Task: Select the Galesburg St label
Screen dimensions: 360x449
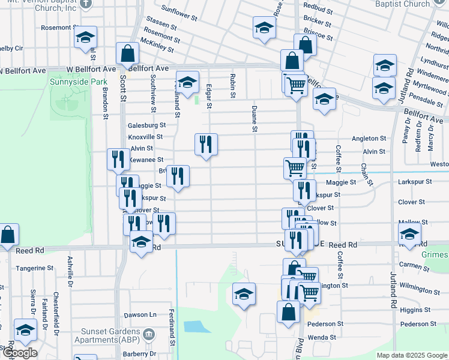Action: tap(146, 125)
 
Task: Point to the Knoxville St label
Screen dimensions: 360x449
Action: tap(146, 137)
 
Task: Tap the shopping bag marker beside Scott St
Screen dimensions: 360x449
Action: tap(128, 54)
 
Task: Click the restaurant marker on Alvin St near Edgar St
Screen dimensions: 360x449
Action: tap(206, 145)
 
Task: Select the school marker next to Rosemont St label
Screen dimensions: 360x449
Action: tap(85, 39)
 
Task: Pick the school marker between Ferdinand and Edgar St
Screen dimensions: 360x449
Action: tap(187, 83)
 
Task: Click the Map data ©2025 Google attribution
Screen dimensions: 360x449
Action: tap(412, 355)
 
